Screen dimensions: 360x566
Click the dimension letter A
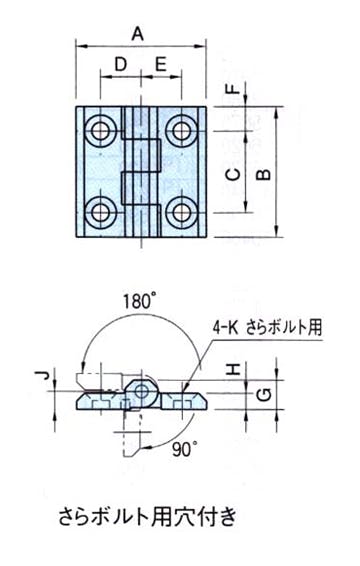click(138, 35)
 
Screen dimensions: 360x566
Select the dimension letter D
click(121, 65)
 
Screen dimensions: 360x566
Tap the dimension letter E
click(160, 65)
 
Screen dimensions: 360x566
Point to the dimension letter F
click(235, 88)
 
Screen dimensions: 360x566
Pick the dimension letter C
click(235, 175)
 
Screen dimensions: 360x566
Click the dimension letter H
click(235, 369)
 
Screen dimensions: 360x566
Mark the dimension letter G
click(265, 395)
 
